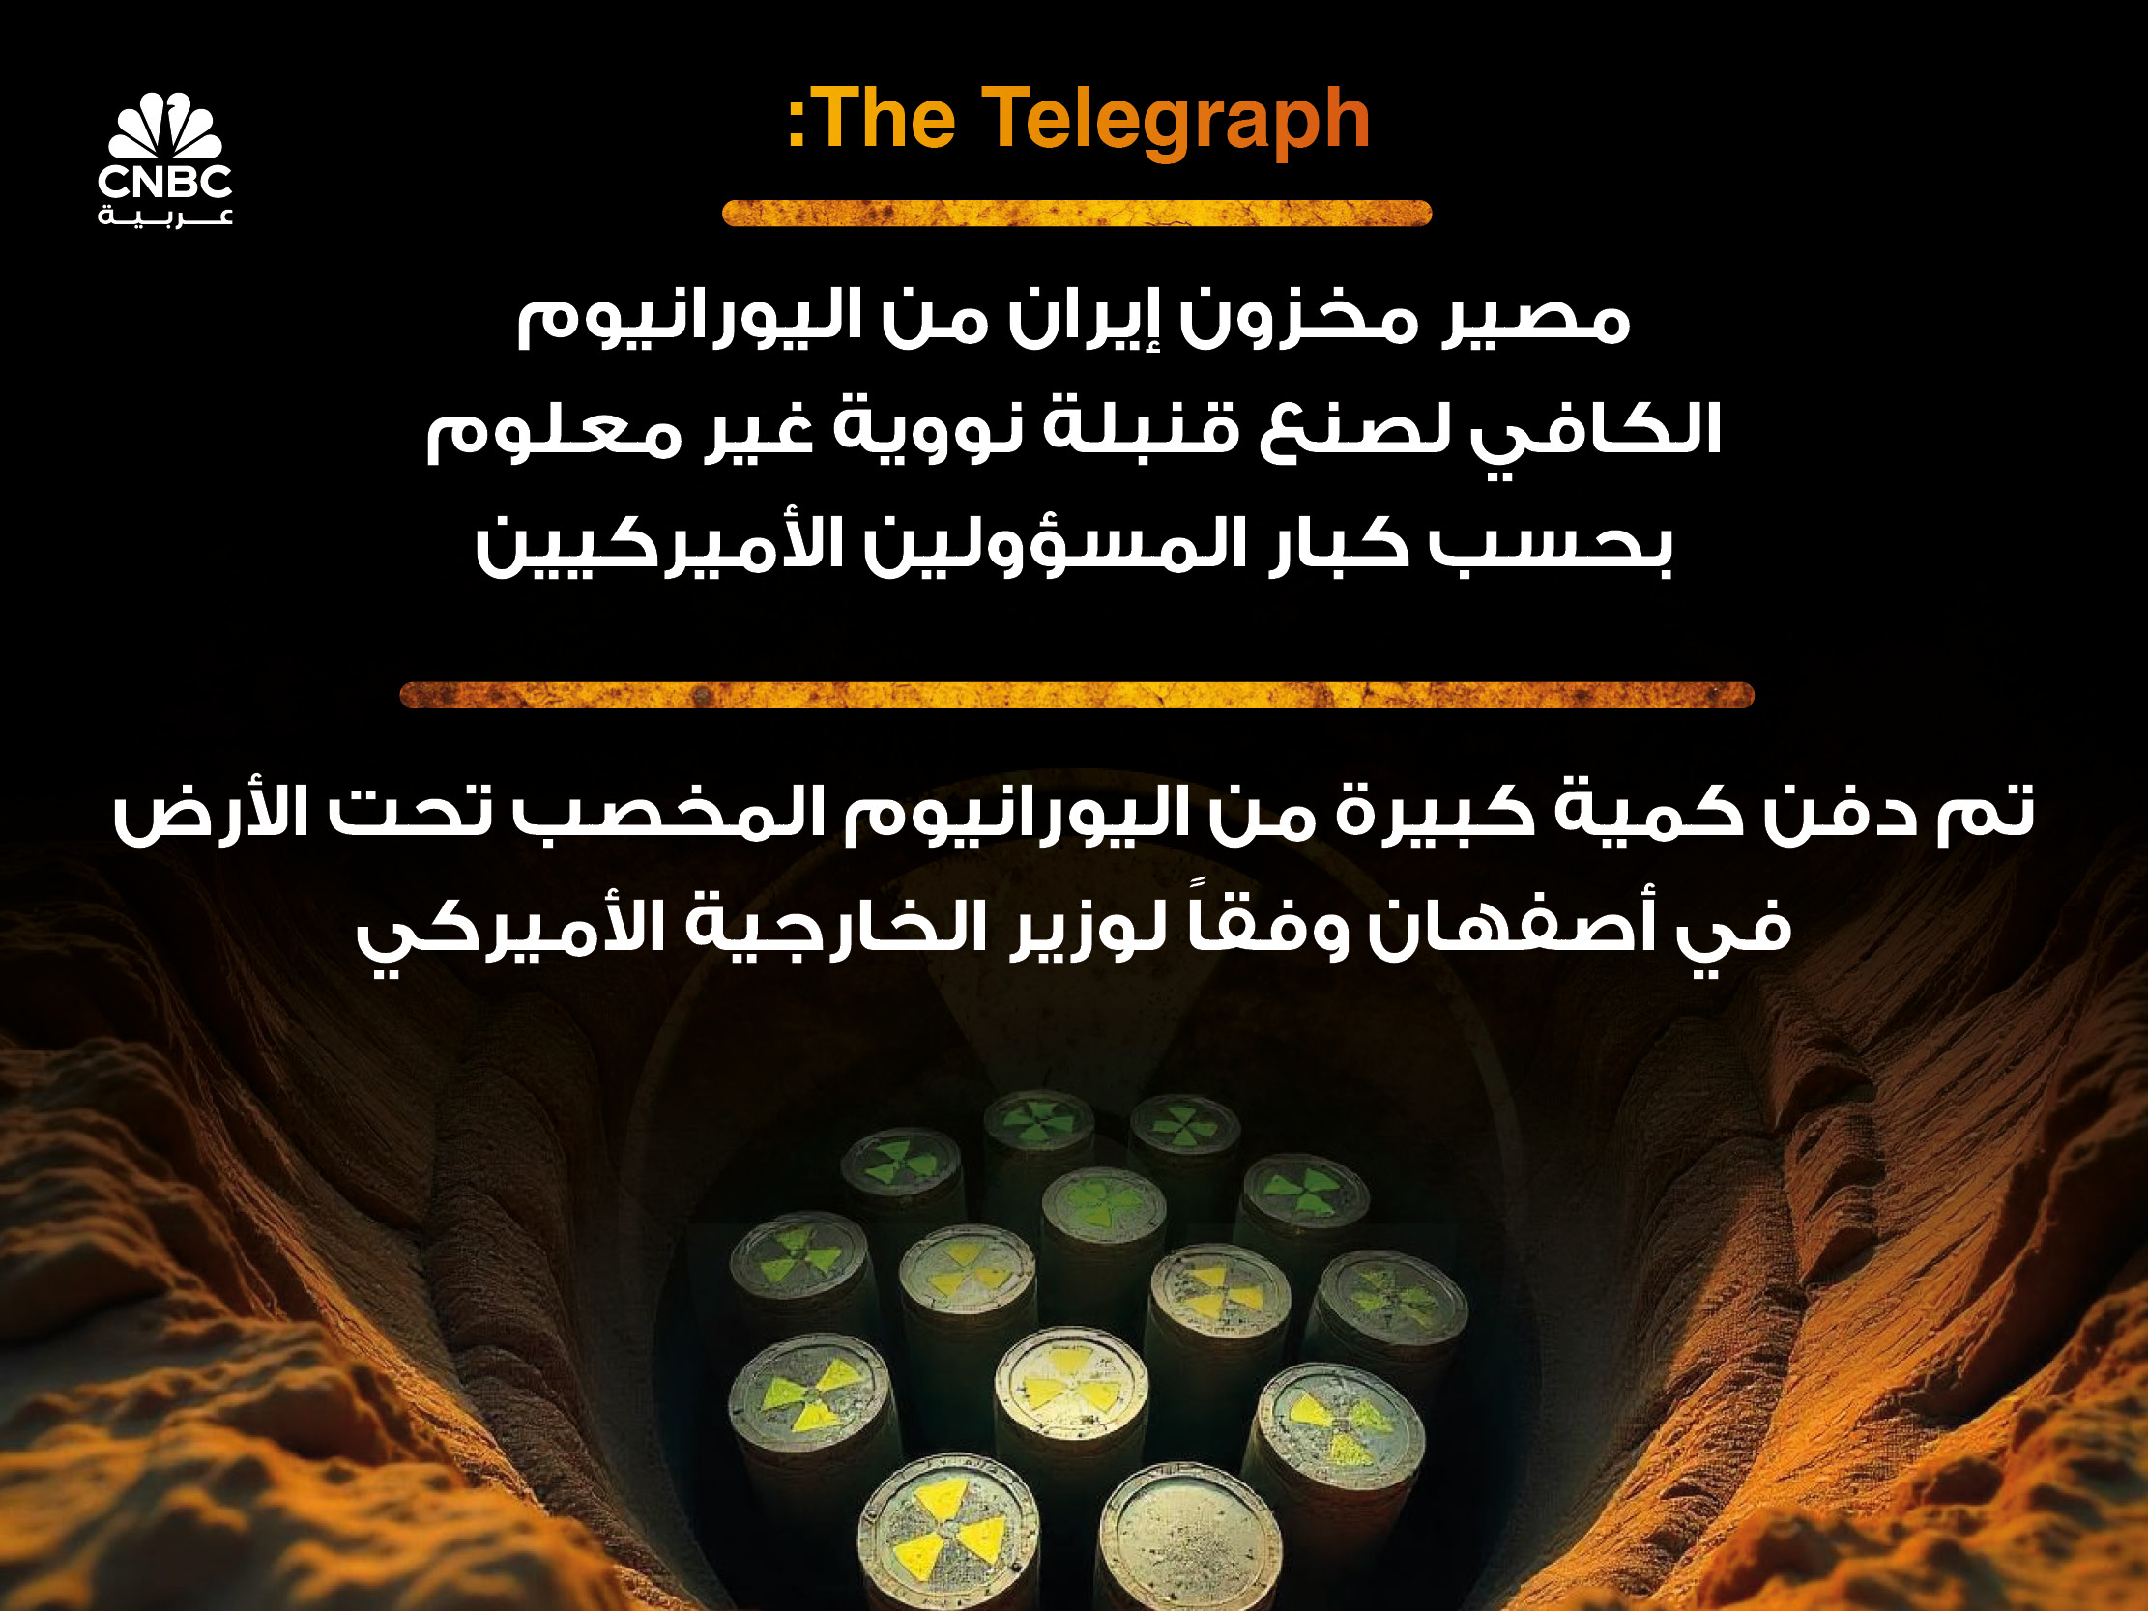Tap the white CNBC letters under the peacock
[x=165, y=182]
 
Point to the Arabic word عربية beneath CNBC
[x=165, y=216]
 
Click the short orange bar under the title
[x=1076, y=213]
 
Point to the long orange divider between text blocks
[x=1076, y=695]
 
